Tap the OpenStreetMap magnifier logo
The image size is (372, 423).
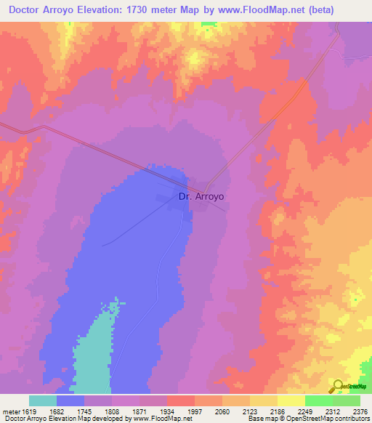point(339,386)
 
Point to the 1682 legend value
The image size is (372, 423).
point(56,411)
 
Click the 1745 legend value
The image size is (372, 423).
point(84,411)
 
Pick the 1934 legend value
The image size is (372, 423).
point(166,411)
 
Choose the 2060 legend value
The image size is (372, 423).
point(222,411)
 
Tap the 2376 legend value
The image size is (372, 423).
point(360,411)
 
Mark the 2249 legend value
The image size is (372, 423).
point(305,411)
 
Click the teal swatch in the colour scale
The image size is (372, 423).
point(43,400)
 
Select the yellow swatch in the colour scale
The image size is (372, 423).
point(291,400)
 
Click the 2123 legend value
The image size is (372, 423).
point(250,411)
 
